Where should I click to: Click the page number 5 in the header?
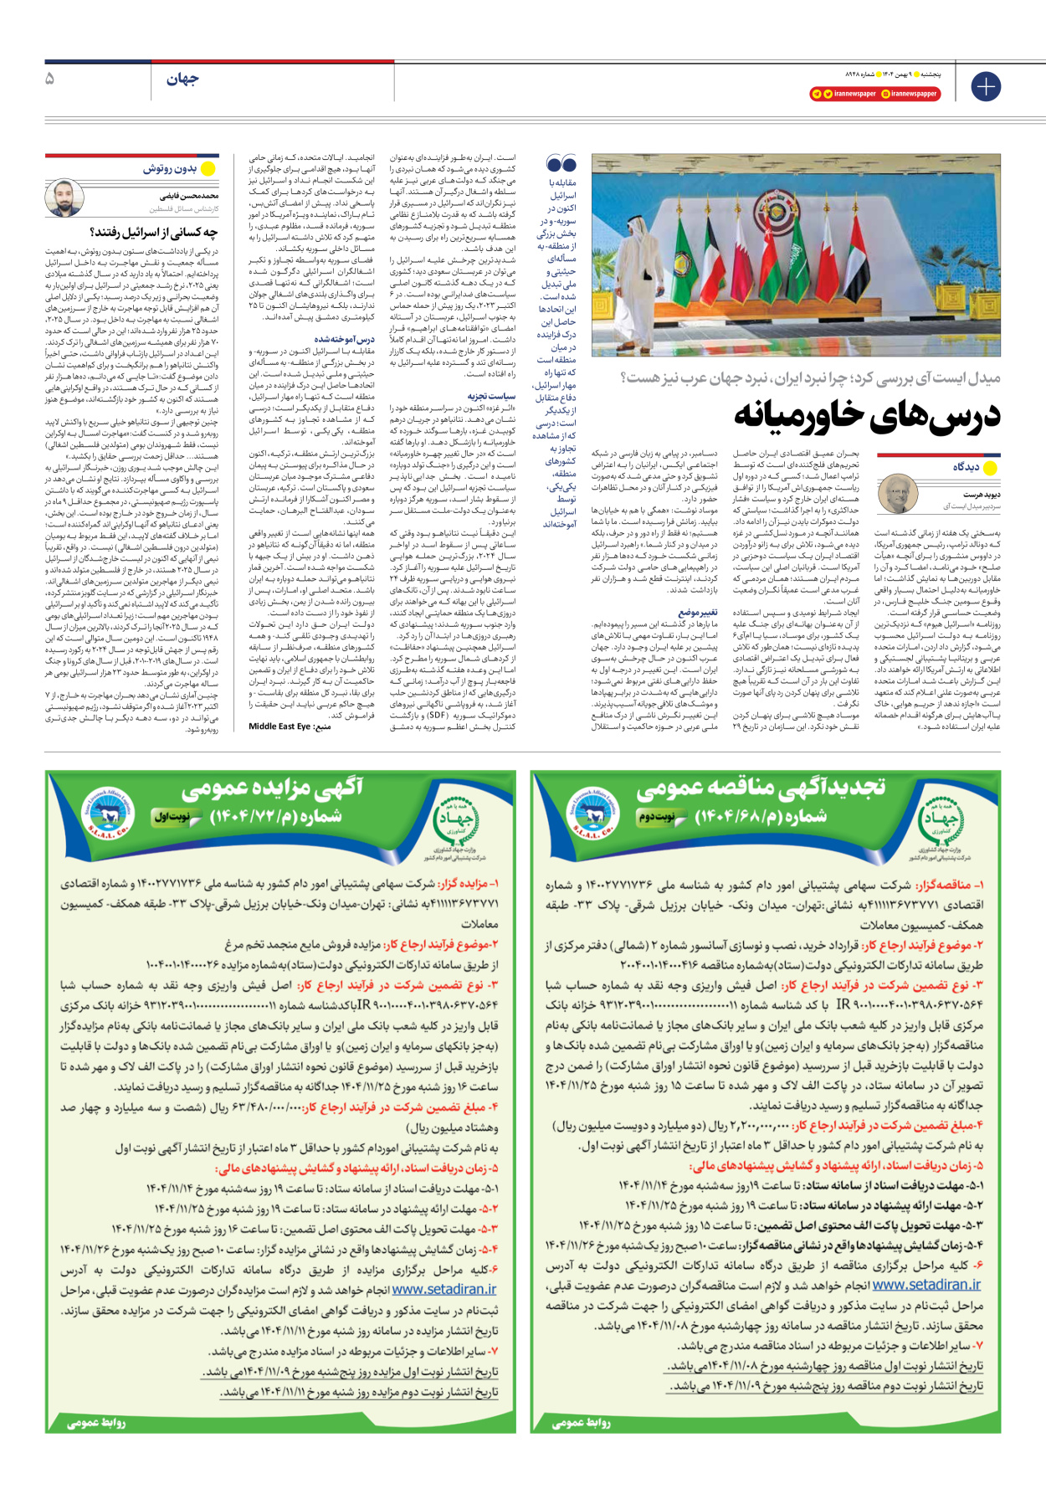click(50, 79)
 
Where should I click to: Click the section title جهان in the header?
click(182, 80)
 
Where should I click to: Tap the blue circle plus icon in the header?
click(986, 86)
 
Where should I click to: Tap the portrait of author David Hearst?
click(898, 493)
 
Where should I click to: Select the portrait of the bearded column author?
click(64, 198)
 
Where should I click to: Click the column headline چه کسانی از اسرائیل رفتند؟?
click(154, 233)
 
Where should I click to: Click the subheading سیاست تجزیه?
click(491, 396)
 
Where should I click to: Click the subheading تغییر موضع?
click(697, 612)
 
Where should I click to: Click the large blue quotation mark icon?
click(561, 164)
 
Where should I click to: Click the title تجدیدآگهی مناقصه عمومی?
click(760, 788)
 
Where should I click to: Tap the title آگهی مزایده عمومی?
click(272, 788)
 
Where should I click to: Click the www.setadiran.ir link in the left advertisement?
click(444, 1290)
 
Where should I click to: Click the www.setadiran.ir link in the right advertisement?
click(926, 1285)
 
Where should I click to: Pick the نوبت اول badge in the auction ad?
click(173, 816)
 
